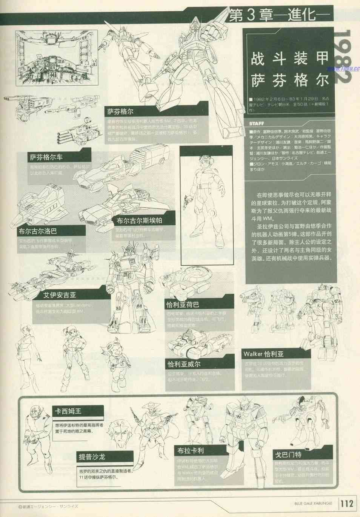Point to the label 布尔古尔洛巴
point(38,231)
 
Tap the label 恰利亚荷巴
point(183,304)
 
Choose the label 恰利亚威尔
point(184,364)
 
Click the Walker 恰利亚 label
point(263,354)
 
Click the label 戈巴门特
point(288,455)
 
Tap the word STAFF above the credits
point(256,123)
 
